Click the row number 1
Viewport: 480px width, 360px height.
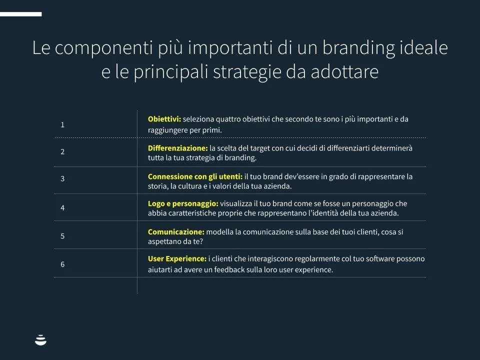[62, 124]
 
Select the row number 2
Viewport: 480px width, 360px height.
[62, 151]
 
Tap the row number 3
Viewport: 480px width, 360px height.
[62, 178]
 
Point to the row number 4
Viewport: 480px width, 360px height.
[62, 208]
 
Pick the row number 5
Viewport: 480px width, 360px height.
[62, 236]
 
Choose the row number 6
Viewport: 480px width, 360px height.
[62, 264]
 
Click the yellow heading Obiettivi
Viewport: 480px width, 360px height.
[164, 119]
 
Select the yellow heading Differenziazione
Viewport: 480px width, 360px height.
[178, 148]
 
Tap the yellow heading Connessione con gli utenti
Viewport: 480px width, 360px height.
[195, 176]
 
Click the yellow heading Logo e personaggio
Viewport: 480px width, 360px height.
[183, 203]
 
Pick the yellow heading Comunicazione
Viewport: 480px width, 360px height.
[176, 231]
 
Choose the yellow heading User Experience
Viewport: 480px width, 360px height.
[177, 258]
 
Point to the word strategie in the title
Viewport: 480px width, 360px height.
[247, 72]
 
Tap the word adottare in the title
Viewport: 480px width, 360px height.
[344, 71]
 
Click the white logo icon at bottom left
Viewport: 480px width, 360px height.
[40, 340]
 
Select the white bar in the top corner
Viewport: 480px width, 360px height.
[21, 14]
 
